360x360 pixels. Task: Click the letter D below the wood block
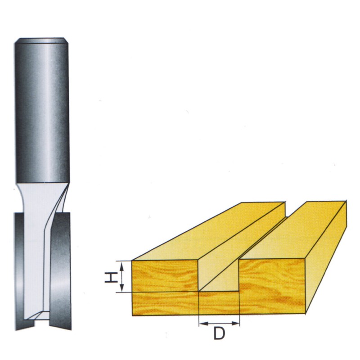click(x=219, y=334)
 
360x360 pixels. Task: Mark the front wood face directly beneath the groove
click(x=219, y=302)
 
